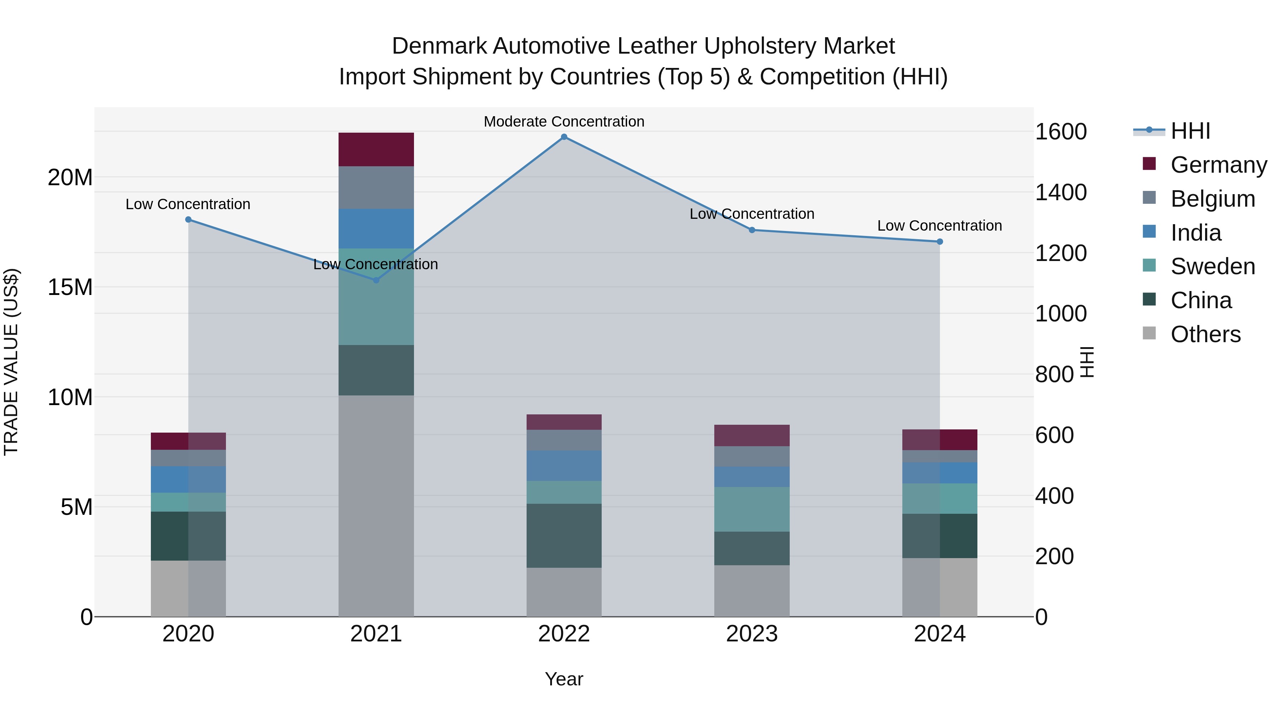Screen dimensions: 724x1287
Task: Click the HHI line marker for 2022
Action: [x=564, y=137]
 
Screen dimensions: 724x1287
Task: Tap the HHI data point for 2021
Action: [x=376, y=280]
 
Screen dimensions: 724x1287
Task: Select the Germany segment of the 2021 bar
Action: [x=376, y=149]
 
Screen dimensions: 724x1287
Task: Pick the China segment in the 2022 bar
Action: [x=564, y=536]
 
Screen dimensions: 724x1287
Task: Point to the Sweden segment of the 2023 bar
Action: [x=752, y=509]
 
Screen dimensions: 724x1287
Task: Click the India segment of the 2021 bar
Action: [x=376, y=229]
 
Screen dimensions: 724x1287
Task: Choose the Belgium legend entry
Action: [x=1213, y=199]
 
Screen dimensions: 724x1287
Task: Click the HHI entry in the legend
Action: [x=1190, y=131]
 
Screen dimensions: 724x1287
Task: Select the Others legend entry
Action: [x=1205, y=334]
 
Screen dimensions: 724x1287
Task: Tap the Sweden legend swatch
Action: [x=1149, y=265]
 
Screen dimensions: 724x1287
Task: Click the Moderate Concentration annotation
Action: [x=564, y=122]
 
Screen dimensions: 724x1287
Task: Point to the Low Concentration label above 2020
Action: [x=188, y=205]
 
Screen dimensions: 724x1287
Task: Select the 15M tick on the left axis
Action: [x=70, y=287]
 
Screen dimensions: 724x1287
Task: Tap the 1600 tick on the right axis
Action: [x=1061, y=132]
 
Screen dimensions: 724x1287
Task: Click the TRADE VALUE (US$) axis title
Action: [x=11, y=362]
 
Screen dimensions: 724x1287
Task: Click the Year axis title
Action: [x=564, y=679]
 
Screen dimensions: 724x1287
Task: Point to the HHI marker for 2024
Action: [x=940, y=242]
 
